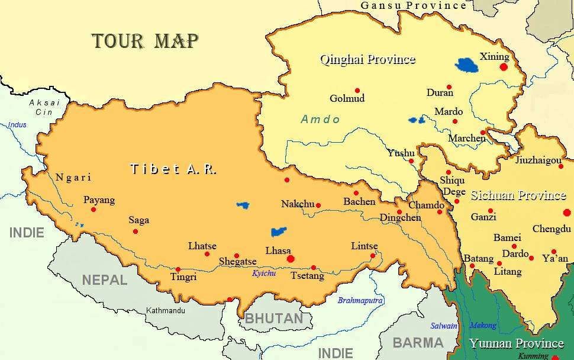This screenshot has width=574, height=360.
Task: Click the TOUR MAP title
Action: tap(145, 41)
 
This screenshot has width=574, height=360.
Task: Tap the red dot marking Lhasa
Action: tap(290, 259)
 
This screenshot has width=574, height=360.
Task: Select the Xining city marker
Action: tap(504, 67)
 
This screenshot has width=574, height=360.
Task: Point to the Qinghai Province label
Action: tap(367, 59)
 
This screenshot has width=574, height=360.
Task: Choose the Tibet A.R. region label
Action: tap(173, 169)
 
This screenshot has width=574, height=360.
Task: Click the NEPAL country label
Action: tap(104, 279)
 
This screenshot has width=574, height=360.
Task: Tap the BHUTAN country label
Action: tap(274, 319)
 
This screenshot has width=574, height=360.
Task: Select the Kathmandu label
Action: tap(166, 310)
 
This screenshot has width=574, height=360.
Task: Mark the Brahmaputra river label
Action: tap(360, 301)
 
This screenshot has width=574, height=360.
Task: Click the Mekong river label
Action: tap(483, 325)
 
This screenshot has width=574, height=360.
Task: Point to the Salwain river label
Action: tap(443, 326)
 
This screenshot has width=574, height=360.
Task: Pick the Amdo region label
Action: tap(320, 120)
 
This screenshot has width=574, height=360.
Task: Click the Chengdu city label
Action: tap(552, 229)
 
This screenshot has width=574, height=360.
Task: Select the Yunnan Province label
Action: tap(516, 343)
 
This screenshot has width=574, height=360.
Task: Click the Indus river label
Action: tap(17, 125)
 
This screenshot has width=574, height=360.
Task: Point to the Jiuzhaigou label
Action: tap(538, 160)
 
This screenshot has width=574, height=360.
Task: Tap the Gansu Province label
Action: tap(413, 5)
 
